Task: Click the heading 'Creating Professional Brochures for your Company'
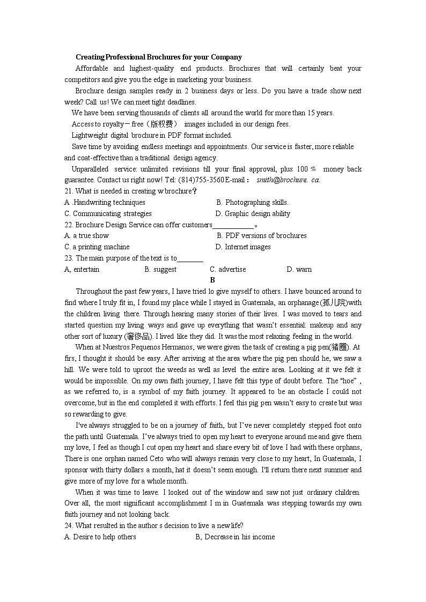[158, 57]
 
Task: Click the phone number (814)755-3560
[201, 180]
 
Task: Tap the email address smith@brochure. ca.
[288, 180]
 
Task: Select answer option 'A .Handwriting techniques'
[105, 202]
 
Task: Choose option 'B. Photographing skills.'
[252, 202]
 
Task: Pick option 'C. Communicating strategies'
[100, 213]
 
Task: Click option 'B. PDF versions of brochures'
[261, 235]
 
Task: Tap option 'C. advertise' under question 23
[227, 269]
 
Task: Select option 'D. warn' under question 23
[299, 269]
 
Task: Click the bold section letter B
[212, 280]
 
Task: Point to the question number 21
[68, 191]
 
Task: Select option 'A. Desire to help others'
[100, 537]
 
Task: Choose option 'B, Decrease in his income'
[235, 537]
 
